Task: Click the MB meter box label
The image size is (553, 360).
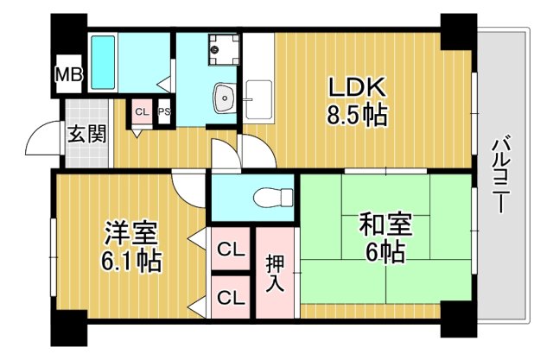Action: pyautogui.click(x=69, y=76)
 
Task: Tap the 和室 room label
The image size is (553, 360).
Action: pyautogui.click(x=382, y=226)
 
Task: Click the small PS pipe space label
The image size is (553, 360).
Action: pyautogui.click(x=162, y=112)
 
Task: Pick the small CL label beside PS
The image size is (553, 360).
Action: pyautogui.click(x=142, y=112)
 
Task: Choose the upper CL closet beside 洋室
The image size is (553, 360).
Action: pyautogui.click(x=230, y=250)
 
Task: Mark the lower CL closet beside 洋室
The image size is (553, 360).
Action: pyautogui.click(x=230, y=298)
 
